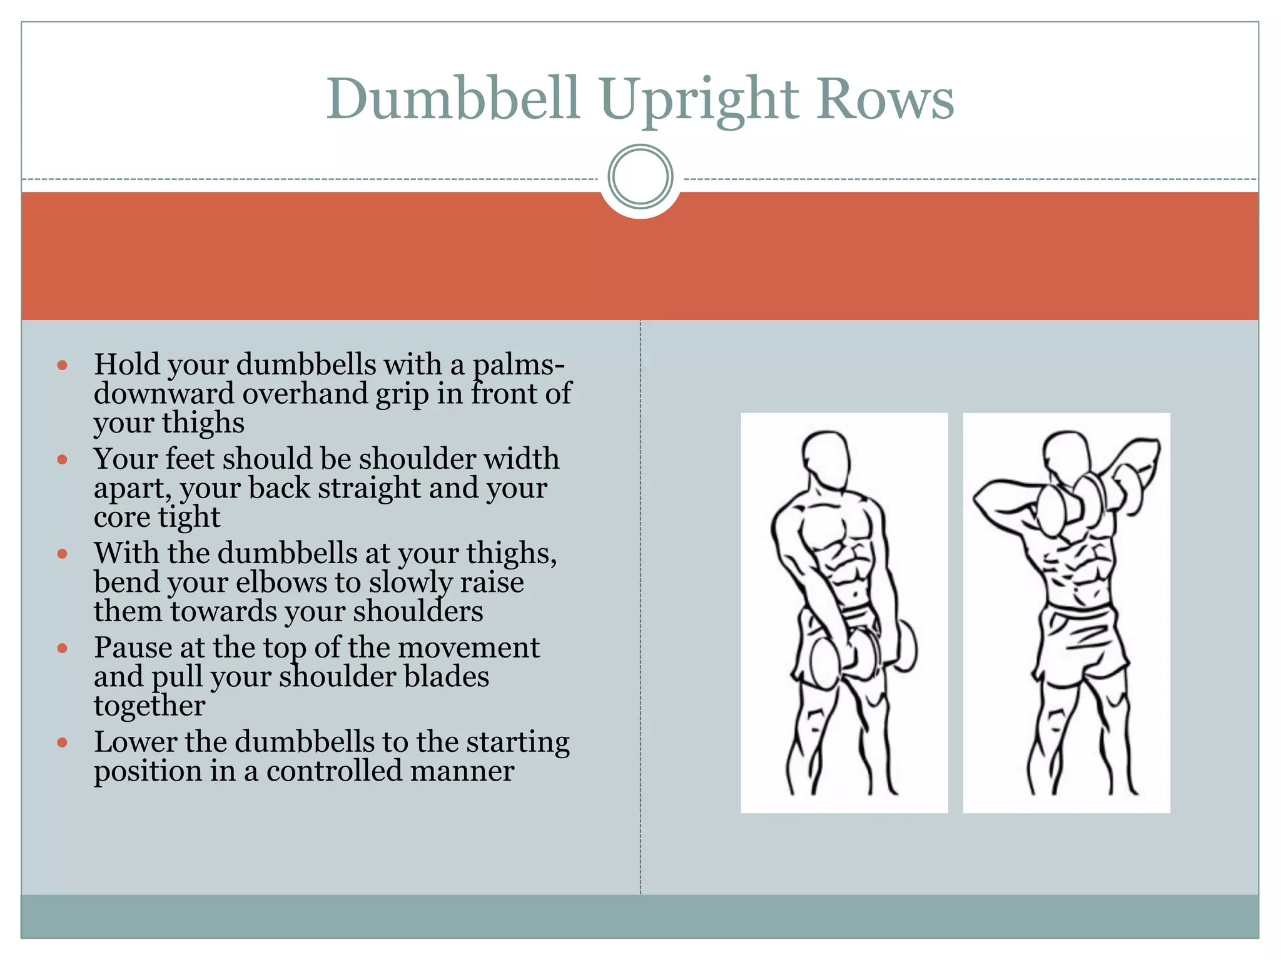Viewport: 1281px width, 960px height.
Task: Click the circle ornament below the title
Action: (x=640, y=177)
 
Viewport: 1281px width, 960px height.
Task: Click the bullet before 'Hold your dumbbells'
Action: (x=62, y=365)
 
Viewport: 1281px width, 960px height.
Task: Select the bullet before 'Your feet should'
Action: (x=62, y=459)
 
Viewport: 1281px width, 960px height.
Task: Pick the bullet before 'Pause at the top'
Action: (x=62, y=648)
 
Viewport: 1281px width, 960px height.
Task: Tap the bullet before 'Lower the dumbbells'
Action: (x=62, y=742)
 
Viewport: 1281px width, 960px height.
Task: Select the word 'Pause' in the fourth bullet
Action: (x=133, y=647)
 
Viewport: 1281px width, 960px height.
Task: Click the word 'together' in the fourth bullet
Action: (x=149, y=706)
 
